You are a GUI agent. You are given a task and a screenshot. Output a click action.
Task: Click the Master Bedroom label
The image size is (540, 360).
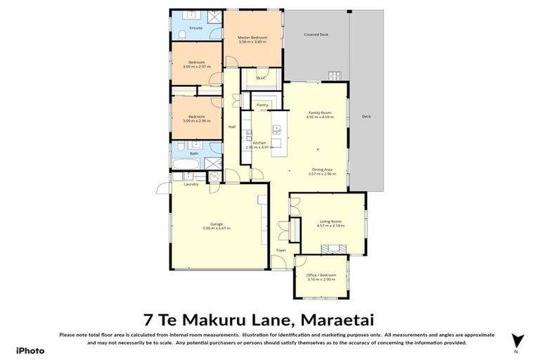point(252,37)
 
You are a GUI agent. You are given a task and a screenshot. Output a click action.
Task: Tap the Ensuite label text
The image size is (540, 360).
point(196,28)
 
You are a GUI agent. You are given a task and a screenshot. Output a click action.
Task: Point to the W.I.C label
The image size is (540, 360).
point(261,77)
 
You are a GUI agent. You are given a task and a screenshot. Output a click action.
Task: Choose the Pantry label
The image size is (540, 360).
point(262,105)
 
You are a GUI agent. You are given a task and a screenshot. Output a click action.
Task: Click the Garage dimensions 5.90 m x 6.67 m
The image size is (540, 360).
point(217,229)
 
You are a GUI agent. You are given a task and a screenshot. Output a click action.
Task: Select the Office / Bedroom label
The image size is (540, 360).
point(321,275)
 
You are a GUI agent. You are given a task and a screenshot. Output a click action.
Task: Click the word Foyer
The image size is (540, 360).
point(281,250)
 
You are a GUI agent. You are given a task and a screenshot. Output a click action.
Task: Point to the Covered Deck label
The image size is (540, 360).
point(316,34)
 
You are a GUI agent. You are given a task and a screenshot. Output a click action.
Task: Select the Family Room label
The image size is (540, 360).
point(320,112)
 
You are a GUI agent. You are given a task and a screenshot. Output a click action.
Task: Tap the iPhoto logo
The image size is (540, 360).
point(30,349)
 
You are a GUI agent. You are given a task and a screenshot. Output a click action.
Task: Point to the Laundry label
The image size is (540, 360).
point(191,184)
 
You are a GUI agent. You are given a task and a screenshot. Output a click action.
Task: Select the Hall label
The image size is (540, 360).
point(231,127)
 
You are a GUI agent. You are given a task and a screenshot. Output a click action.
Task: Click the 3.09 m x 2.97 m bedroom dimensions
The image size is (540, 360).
point(196,67)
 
